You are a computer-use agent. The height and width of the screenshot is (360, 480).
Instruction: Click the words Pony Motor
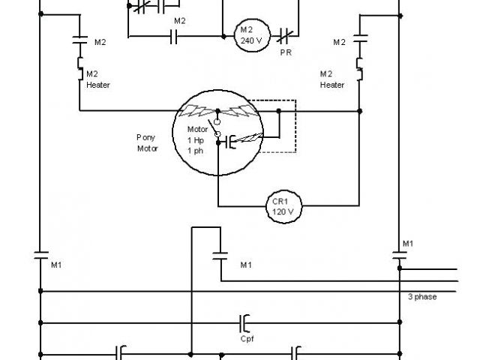tap(146, 142)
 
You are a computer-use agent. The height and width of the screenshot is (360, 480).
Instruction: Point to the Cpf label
tap(247, 338)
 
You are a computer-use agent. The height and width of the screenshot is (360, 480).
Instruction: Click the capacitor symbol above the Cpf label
tap(245, 323)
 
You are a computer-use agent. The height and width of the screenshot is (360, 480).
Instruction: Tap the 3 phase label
tap(422, 297)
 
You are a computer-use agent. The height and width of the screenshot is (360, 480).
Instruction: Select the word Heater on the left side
tap(98, 85)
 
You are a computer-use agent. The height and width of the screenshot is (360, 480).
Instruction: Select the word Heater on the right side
tap(332, 85)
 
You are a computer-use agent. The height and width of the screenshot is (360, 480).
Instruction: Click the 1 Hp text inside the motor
tap(195, 140)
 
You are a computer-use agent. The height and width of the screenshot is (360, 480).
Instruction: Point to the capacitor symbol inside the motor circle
tap(228, 140)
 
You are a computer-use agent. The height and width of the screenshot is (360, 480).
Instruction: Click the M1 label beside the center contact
tap(246, 265)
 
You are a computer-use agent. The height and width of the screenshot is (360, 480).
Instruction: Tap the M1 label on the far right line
tap(408, 243)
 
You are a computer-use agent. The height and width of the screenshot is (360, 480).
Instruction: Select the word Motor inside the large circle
tap(197, 130)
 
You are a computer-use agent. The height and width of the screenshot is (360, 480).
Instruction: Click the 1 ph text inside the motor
tap(195, 151)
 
